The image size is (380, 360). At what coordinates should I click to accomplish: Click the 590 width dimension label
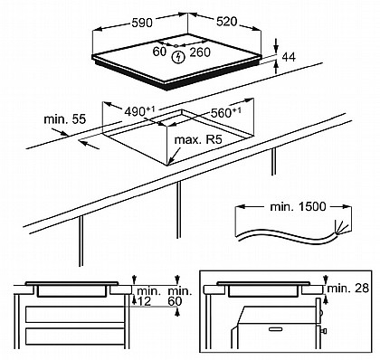[142, 23]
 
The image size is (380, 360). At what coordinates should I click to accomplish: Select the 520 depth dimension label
[226, 22]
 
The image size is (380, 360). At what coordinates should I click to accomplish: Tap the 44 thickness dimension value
[289, 57]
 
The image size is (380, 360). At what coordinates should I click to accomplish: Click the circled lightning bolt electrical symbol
[178, 57]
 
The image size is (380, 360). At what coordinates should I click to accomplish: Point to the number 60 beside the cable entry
[159, 52]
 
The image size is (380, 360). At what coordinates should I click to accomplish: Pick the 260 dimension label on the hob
[200, 52]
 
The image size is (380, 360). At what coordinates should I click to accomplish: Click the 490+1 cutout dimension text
[139, 111]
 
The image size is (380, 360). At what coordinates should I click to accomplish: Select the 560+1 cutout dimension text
[226, 112]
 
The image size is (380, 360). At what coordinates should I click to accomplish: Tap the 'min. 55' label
[65, 119]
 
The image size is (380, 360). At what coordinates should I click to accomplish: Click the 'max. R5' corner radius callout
[198, 139]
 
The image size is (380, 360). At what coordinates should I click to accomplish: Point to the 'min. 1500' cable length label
[299, 206]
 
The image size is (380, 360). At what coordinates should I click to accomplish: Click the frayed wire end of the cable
[343, 227]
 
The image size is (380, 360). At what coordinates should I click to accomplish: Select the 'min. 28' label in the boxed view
[348, 289]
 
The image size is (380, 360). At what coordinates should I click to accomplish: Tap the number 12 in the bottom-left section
[144, 301]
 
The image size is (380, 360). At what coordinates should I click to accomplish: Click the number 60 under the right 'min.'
[175, 301]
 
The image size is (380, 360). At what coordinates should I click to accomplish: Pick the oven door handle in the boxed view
[277, 329]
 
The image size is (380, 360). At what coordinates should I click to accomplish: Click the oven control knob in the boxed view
[324, 331]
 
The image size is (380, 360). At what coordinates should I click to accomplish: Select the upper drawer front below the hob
[75, 314]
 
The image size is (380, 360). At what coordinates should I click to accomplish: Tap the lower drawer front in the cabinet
[75, 336]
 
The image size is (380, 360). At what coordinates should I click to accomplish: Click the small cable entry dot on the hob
[176, 46]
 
